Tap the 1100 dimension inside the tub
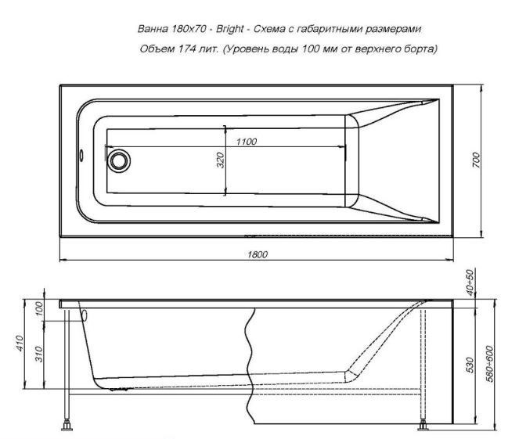[x=247, y=141]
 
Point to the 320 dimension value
[x=221, y=160]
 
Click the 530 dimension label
[x=470, y=365]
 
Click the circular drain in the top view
[x=119, y=160]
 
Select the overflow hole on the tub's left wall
[x=80, y=153]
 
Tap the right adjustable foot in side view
[x=423, y=427]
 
